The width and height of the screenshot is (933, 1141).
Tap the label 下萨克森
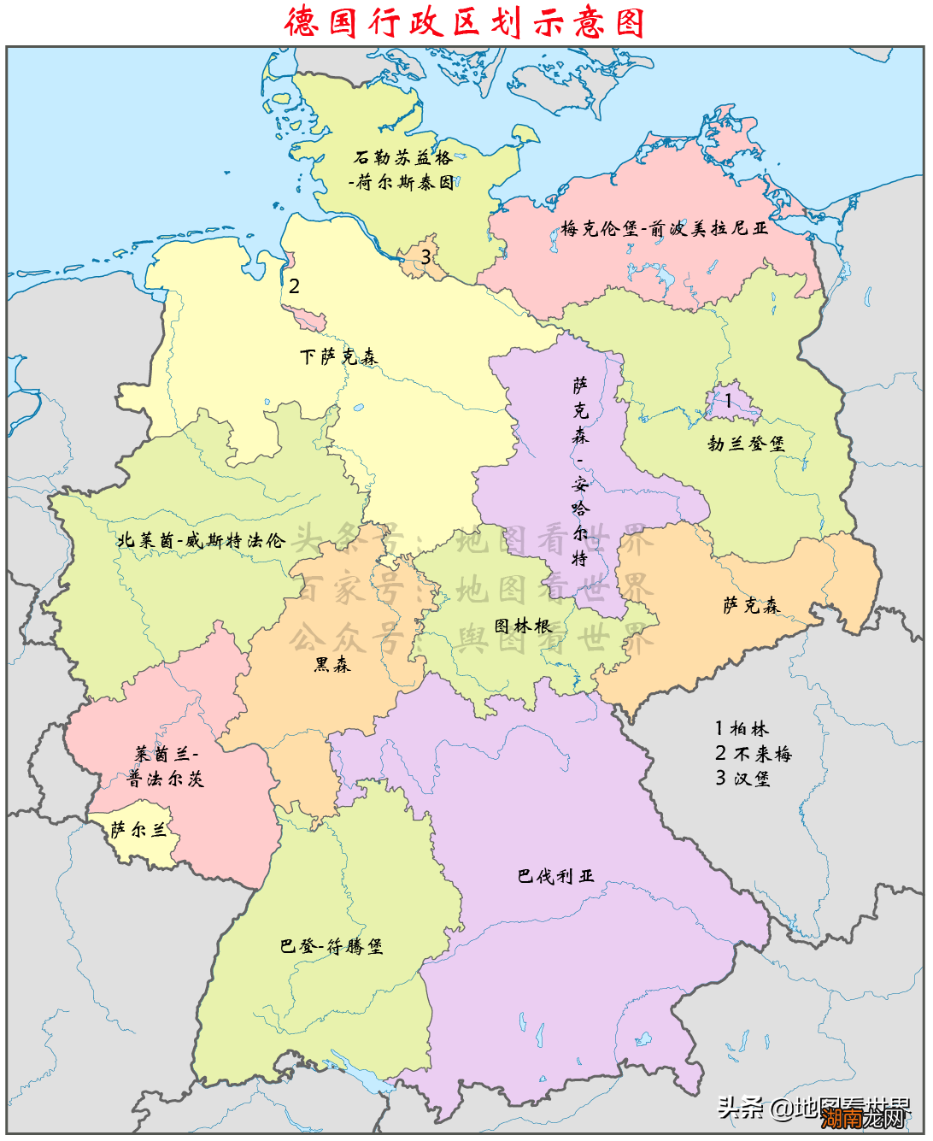click(x=338, y=356)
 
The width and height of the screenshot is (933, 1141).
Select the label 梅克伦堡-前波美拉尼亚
click(x=664, y=228)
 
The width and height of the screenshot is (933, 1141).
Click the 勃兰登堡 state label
click(x=745, y=444)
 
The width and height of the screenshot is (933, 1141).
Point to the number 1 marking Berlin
click(x=728, y=400)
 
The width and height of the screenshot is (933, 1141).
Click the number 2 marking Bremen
click(x=294, y=286)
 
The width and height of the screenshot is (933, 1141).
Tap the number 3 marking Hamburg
click(x=425, y=256)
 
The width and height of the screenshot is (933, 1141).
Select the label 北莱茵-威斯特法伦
click(x=201, y=540)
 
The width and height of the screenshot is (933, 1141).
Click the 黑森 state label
click(x=332, y=664)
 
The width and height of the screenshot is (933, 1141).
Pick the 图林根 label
click(x=523, y=626)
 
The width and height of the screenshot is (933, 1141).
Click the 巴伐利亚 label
click(x=555, y=876)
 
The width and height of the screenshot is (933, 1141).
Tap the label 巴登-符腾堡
click(x=332, y=946)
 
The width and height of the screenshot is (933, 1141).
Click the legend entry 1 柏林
click(x=742, y=728)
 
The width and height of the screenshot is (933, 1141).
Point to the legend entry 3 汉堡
click(x=742, y=778)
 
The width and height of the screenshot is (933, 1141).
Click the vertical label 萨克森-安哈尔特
click(x=580, y=471)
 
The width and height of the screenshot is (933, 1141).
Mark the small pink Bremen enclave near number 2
click(x=310, y=321)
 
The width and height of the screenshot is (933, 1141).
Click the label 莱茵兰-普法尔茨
click(x=166, y=766)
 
